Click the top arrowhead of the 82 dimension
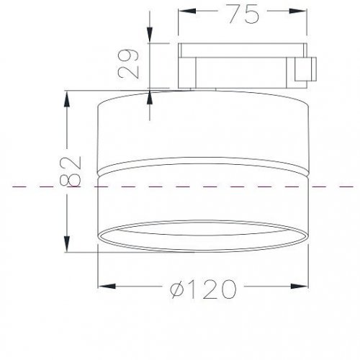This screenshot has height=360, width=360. [68, 96]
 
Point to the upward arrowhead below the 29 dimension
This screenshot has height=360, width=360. [149, 96]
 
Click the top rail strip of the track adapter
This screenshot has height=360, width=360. [241, 50]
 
